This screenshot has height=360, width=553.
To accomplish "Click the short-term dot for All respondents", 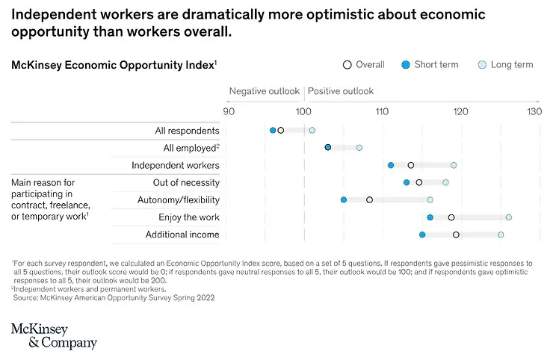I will tap(273, 130).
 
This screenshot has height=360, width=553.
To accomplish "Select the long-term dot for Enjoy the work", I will tap(509, 217).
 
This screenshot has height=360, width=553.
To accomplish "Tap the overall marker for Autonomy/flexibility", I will tap(369, 200).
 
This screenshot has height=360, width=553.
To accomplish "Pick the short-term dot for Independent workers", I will tap(391, 165).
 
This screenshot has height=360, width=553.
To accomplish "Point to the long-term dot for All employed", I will tap(359, 147).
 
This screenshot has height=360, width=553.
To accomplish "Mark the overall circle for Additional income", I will tap(456, 235).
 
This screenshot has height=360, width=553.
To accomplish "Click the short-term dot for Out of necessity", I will tap(407, 182).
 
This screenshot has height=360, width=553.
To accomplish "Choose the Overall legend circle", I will tap(347, 65).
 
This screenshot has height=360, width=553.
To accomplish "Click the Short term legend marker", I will tap(406, 65).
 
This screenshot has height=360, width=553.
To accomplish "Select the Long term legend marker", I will tap(482, 65).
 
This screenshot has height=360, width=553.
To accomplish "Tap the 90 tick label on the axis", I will tap(229, 111).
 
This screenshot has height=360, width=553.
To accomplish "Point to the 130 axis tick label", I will tap(534, 111).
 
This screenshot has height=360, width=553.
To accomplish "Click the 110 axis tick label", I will tap(382, 111).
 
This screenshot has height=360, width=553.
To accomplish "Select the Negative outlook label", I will tap(264, 91).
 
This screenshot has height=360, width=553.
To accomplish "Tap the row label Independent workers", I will tap(176, 165).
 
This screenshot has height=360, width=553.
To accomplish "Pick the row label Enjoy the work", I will tap(189, 217).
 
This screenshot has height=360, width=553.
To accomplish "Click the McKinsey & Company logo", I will tap(54, 336).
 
